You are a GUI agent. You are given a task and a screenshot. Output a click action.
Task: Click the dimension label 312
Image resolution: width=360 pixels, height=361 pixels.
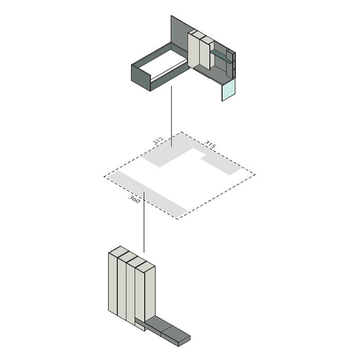coord(158,140)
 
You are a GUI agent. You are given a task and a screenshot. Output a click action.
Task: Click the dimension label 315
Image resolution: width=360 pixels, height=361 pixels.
coord(210,144)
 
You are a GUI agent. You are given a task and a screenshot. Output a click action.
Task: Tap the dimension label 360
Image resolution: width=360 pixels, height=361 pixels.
coord(134,199)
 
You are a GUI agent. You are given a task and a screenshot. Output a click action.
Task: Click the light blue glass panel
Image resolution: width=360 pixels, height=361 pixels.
coord(229,90)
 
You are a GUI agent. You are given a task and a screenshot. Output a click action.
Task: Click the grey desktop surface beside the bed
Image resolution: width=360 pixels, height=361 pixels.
coord(213,73)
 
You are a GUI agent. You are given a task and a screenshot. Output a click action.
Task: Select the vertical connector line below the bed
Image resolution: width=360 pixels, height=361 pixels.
coord(171,116)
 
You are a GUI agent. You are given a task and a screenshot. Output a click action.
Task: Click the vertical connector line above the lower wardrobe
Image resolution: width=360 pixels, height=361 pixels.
coord(144,222)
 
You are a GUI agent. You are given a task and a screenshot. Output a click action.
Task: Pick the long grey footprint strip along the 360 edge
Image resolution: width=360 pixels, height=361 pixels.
coord(147,195)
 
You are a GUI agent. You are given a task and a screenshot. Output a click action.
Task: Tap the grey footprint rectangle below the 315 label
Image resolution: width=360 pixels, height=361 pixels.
coord(221,165)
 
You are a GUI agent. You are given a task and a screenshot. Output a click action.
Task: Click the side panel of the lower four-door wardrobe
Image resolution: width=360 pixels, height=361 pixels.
coord(150,294)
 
